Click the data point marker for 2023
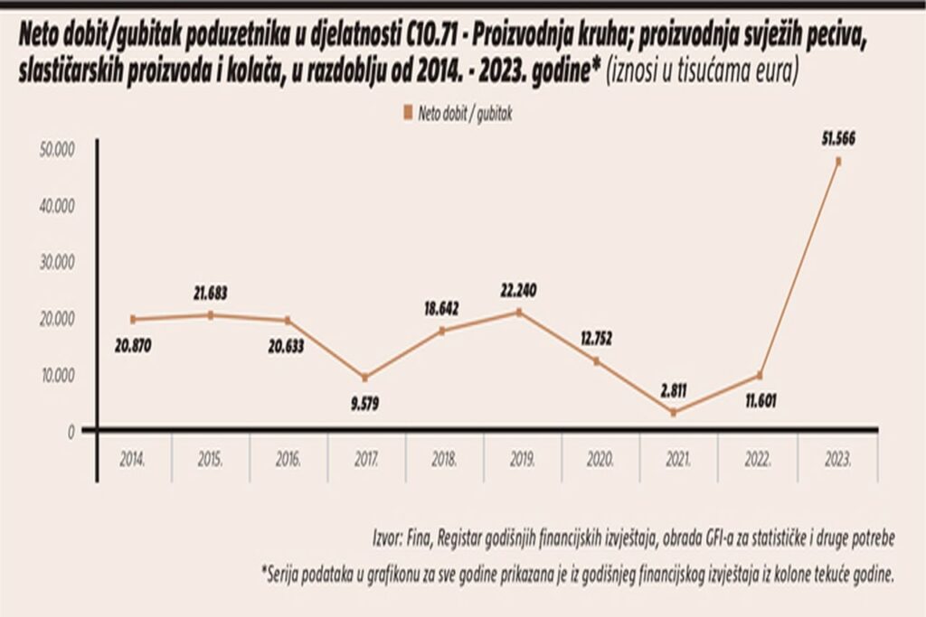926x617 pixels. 838,162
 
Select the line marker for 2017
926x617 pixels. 364,378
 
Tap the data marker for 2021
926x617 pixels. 674,413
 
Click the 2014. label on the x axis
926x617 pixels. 132,460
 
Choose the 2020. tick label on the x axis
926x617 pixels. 601,460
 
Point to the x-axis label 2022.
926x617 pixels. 758,460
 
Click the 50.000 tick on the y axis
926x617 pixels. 57,148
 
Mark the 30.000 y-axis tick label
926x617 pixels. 57,261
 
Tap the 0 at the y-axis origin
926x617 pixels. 70,431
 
